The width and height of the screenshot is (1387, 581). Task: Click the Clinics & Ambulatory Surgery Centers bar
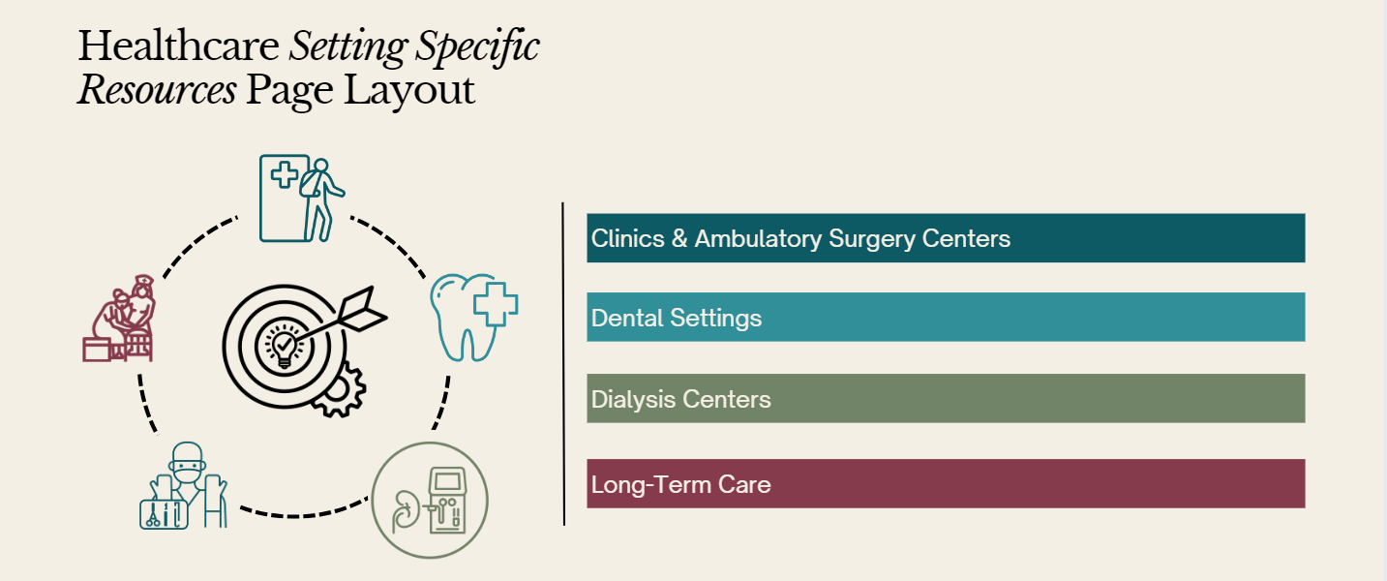946,238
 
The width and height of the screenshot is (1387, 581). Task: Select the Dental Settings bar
946,318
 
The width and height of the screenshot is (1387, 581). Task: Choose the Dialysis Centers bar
946,398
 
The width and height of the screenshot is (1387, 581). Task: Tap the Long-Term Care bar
946,484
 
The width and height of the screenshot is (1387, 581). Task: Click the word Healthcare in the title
178,46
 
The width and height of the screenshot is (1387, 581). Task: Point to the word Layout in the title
408,90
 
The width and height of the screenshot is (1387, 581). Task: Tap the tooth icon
473,318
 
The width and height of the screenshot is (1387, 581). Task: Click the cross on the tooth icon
496,304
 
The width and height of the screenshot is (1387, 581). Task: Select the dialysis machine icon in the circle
447,501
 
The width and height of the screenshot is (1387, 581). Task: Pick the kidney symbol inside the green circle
405,508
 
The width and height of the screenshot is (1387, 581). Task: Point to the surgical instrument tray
164,514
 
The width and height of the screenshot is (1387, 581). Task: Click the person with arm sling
320,199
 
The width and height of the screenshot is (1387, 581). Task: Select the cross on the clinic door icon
285,174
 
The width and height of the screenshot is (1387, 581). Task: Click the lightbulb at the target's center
285,347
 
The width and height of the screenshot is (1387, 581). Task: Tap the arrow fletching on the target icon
364,309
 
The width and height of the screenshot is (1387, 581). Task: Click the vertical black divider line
563,363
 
